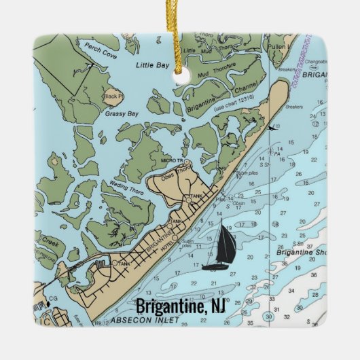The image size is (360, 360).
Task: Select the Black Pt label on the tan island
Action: (112, 96)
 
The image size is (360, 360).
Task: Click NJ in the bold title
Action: (215, 306)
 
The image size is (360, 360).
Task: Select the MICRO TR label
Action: (172, 160)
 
